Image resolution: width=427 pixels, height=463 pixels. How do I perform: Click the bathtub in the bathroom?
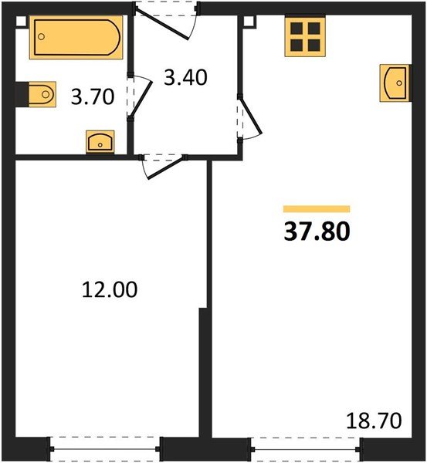76,38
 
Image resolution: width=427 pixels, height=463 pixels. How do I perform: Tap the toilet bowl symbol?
42,94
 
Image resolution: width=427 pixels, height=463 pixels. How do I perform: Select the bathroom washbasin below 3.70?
100,142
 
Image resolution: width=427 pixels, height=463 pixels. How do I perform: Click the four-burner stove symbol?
305,36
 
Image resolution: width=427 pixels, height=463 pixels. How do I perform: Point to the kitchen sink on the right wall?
395,83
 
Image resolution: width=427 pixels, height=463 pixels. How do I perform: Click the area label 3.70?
93,97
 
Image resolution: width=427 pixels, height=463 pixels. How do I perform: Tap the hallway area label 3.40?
185,78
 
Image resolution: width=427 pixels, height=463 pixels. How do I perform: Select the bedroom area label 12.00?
110,289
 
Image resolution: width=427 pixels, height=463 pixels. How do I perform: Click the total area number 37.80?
317,231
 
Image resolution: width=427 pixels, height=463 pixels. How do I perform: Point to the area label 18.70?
374,421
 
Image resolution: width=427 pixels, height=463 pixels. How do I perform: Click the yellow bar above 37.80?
317,209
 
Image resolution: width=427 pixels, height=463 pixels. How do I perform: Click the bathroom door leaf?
141,97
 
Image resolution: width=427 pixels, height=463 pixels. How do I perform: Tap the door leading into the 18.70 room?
251,115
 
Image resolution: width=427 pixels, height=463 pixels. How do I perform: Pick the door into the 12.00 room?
166,167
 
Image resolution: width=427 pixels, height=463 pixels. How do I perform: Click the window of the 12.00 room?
105,449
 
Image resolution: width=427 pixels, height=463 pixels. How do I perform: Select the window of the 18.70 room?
306,449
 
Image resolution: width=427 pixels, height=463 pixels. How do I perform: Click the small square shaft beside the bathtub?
21,22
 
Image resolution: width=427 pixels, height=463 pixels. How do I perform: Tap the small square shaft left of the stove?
249,22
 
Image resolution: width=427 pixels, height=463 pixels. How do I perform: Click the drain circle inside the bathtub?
42,36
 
